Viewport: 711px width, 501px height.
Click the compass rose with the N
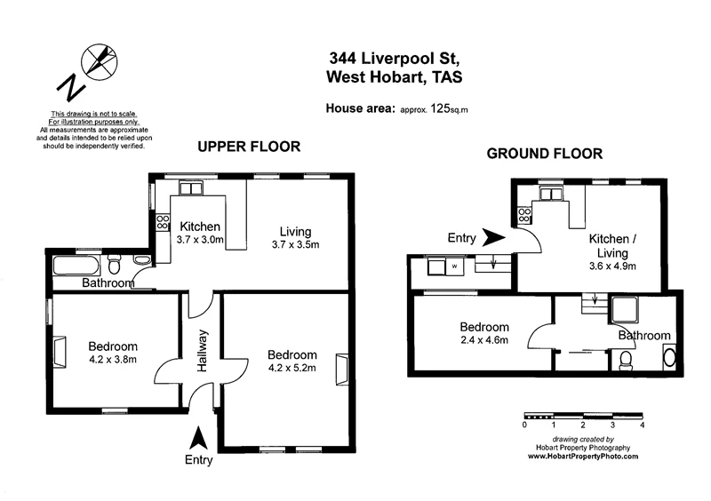[100, 62]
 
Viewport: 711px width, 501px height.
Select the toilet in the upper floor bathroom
[114, 266]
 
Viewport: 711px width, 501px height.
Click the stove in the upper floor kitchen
[163, 223]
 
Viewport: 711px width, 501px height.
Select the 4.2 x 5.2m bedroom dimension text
[292, 370]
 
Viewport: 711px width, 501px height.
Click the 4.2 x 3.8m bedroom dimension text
[112, 361]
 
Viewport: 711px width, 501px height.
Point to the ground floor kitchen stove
[525, 213]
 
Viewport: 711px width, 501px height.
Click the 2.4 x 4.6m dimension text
[484, 341]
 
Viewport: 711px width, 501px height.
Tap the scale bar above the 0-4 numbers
[581, 415]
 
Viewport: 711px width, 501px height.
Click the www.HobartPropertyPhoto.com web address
[583, 456]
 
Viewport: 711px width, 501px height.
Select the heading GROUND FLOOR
[544, 154]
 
